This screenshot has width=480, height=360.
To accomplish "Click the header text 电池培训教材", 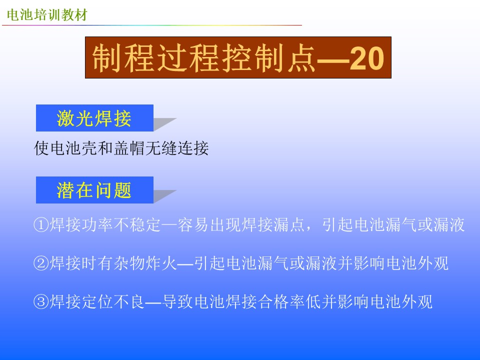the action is click(47, 14).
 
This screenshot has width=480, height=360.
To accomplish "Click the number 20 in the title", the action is click(366, 58).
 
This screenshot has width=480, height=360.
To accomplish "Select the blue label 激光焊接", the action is click(94, 118).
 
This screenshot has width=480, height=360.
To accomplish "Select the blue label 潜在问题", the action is click(94, 190).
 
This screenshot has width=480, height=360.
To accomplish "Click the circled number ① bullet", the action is click(41, 224).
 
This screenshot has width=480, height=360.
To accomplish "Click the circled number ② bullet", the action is click(41, 263).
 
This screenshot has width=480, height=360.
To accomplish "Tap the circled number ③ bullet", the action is click(41, 301).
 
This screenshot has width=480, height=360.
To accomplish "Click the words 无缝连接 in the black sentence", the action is click(177, 148).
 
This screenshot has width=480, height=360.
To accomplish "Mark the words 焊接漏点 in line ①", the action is click(273, 224).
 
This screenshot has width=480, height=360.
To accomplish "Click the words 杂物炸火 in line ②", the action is click(145, 263).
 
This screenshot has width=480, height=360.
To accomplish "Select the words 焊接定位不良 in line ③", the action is click(97, 301).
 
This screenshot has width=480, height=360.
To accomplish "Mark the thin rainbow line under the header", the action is click(152, 25).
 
